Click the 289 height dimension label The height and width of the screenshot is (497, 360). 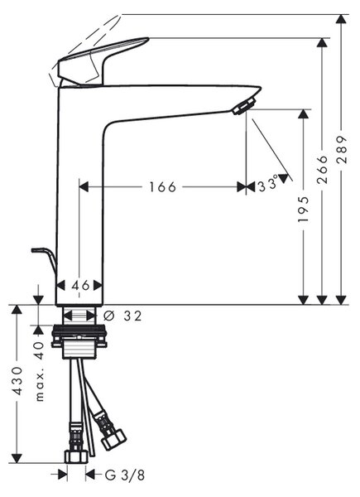coord(342,149)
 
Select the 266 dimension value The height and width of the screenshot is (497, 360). coord(323,170)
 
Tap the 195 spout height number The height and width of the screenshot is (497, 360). coord(304,210)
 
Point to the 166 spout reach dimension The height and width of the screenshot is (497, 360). coord(162,186)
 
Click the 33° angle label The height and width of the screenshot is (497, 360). coord(268,185)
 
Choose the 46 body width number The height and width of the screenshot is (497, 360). coord(80,285)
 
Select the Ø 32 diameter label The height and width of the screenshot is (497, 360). coord(122,316)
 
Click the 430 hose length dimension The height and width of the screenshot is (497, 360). coord(17,381)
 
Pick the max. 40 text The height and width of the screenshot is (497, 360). coord(40,371)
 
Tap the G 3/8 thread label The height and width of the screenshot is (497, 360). coord(125,475)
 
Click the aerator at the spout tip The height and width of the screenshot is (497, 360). coord(244,106)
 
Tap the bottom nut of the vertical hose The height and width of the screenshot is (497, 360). coord(76,456)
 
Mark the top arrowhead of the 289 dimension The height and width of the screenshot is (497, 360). coord(341,18)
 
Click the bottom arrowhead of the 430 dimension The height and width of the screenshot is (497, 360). coord(17,458)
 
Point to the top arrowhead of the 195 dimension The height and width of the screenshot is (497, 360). coord(304,113)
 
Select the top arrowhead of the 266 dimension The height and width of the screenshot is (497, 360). coord(322,43)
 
